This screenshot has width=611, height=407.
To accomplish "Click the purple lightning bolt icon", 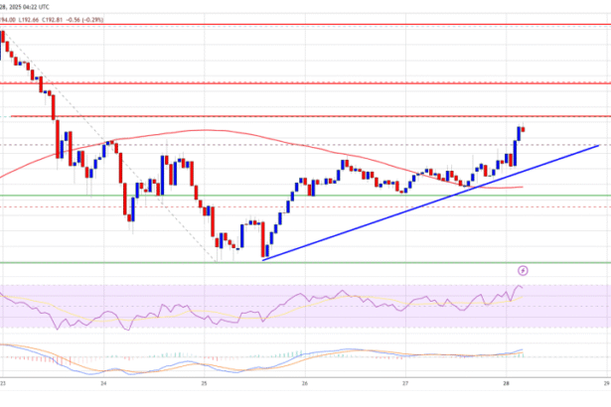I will pyautogui.click(x=524, y=269).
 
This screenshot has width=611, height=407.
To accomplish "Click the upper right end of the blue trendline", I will pyautogui.click(x=598, y=145).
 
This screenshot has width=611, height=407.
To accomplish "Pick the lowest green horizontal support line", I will pyautogui.click(x=298, y=263).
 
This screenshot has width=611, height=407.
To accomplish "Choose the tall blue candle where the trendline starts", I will pyautogui.click(x=266, y=239).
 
